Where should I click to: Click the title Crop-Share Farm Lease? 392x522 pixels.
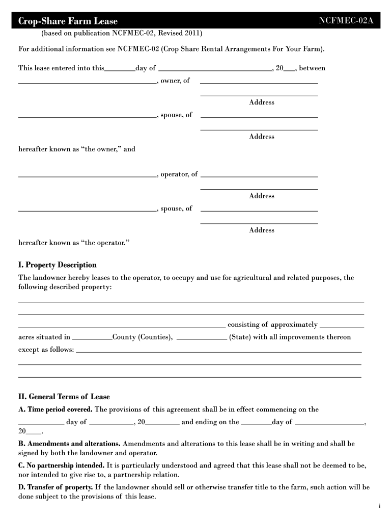point(68,21)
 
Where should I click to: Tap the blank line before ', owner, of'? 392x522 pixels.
point(87,82)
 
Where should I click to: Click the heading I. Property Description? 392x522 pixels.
point(58,265)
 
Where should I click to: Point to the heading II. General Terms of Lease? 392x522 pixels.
point(64,397)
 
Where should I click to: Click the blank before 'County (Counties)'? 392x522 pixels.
point(92,339)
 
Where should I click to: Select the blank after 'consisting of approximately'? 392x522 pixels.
point(342,326)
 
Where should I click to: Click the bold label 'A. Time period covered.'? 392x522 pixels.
point(55,409)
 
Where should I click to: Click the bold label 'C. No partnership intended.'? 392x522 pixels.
point(62,466)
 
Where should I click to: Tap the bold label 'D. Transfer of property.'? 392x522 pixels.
point(55,487)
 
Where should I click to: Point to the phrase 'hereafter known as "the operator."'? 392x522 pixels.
point(74,243)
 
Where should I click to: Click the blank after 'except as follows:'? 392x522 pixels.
point(218,352)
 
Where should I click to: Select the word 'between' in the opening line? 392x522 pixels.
point(313,68)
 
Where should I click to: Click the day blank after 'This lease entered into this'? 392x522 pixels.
point(120,70)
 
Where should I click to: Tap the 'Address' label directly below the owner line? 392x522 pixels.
point(262,102)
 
